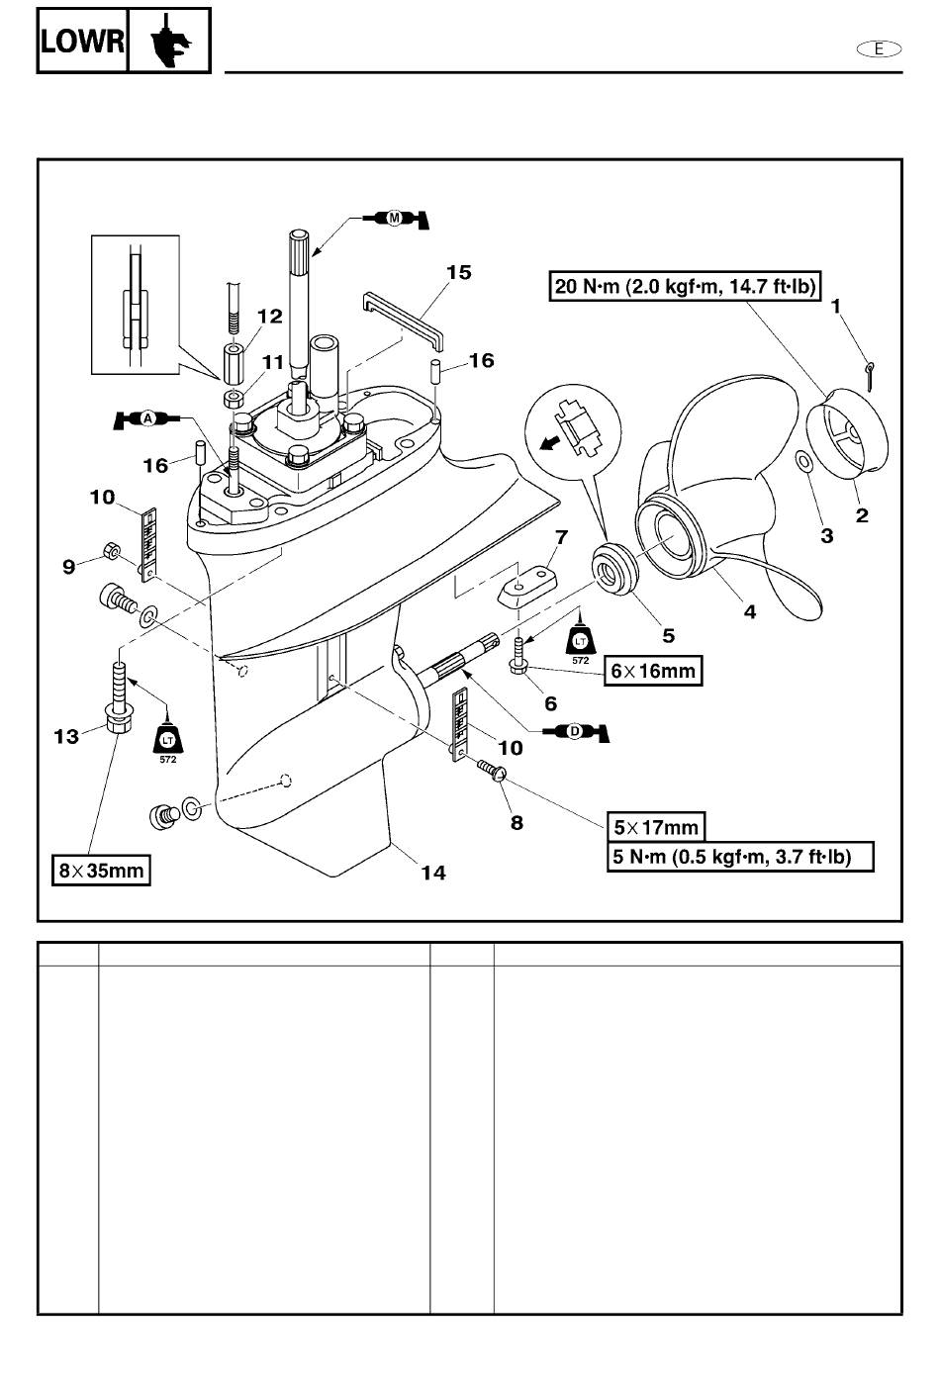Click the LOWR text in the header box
pos(82,42)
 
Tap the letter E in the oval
pos(879,48)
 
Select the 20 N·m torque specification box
pos(685,286)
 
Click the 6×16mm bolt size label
pos(653,671)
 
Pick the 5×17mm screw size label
pos(656,827)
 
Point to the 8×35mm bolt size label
pos(101,871)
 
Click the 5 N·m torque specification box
pos(740,857)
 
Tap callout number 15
pos(459,273)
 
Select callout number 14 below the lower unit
pos(433,873)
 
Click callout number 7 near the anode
pos(561,536)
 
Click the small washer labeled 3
pos(803,461)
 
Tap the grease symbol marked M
pos(395,219)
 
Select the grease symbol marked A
pos(146,419)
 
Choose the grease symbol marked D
pos(576,732)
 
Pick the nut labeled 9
pos(111,550)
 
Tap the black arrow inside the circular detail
pos(550,443)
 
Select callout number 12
pos(269,317)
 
